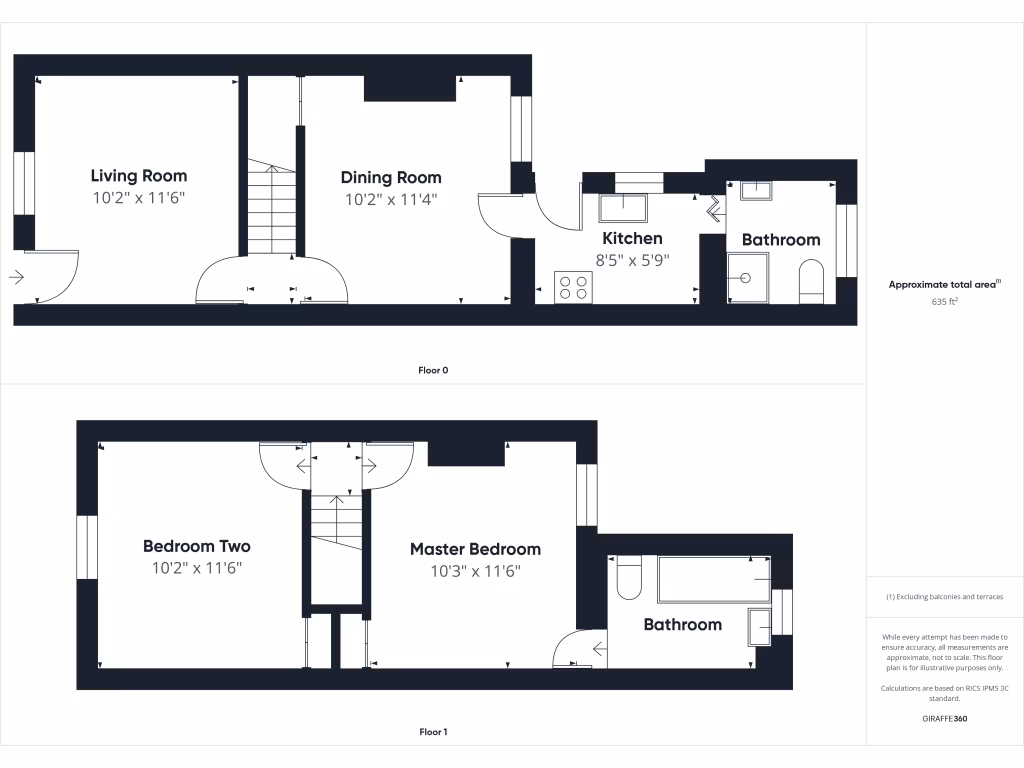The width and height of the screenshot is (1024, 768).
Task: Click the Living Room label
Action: pyautogui.click(x=139, y=176)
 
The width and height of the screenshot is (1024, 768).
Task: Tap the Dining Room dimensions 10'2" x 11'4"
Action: pyautogui.click(x=391, y=199)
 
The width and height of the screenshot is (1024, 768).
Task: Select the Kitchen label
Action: pyautogui.click(x=631, y=238)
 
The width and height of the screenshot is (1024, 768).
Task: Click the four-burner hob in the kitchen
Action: pyautogui.click(x=574, y=287)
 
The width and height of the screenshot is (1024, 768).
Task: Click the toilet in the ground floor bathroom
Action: pyautogui.click(x=811, y=282)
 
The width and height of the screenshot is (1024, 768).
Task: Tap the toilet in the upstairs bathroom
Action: pyautogui.click(x=628, y=579)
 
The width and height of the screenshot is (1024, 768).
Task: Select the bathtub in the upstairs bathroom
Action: pyautogui.click(x=713, y=579)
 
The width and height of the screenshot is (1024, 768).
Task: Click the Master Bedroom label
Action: pyautogui.click(x=475, y=549)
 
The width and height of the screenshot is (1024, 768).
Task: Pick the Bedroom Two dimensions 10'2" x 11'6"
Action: pyautogui.click(x=197, y=568)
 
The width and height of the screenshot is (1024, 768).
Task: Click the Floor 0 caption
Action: pyautogui.click(x=433, y=370)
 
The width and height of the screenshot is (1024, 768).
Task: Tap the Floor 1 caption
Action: pyautogui.click(x=433, y=732)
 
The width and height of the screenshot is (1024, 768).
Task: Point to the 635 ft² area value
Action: pyautogui.click(x=944, y=300)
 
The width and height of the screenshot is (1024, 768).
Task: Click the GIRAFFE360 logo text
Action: pyautogui.click(x=944, y=719)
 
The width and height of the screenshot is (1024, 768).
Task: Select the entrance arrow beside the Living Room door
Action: pyautogui.click(x=17, y=277)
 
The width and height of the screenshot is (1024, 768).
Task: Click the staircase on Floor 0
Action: pyautogui.click(x=272, y=210)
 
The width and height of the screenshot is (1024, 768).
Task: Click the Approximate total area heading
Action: pyautogui.click(x=944, y=284)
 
